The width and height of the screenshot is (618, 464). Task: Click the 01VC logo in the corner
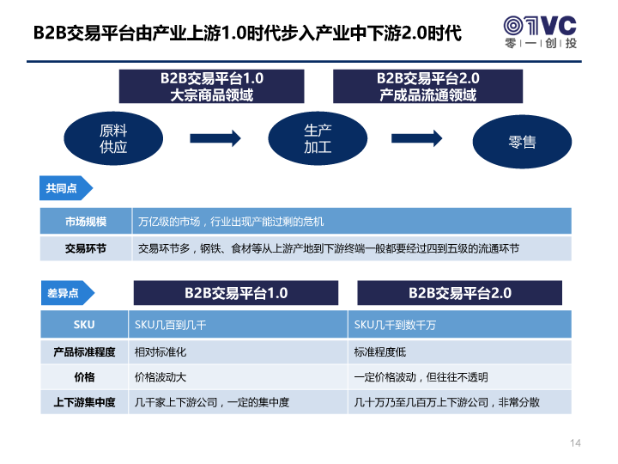point(541,33)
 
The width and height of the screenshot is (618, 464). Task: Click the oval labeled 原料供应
point(113,138)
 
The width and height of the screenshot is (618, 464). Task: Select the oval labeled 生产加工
point(318,138)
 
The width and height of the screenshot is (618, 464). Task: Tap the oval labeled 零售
point(522,142)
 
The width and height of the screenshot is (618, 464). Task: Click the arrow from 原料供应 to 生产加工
point(215,138)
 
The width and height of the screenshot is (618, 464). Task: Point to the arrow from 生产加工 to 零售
point(416,138)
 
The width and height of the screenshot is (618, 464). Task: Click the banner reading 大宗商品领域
point(212,87)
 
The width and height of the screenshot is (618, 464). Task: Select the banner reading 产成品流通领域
point(428,87)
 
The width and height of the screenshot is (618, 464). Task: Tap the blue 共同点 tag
point(66,188)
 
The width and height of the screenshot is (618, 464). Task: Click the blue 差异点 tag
point(68,293)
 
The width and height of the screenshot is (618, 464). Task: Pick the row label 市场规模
point(86,222)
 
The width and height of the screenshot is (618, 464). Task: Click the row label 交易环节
point(86,248)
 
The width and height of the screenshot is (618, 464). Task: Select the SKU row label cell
point(84,324)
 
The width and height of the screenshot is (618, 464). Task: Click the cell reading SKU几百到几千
point(238,324)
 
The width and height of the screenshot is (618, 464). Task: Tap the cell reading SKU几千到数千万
point(459,324)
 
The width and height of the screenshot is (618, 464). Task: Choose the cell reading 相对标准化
point(238,352)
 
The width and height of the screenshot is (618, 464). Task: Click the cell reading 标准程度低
point(459,352)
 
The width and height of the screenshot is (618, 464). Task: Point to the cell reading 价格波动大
point(238,377)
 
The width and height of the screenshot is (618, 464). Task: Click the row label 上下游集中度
point(84,402)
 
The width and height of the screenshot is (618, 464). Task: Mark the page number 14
point(575,443)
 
